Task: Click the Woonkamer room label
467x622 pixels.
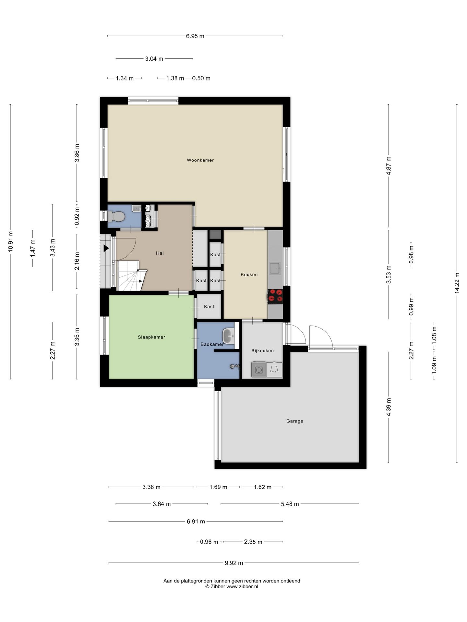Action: click(x=200, y=160)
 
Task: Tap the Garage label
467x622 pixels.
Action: click(x=294, y=421)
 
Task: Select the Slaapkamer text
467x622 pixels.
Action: click(x=151, y=337)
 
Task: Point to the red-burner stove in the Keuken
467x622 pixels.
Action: click(x=275, y=296)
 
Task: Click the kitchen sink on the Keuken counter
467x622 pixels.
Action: click(x=275, y=268)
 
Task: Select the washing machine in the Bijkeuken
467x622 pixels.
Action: click(x=259, y=370)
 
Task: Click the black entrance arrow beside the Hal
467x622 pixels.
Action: click(x=106, y=248)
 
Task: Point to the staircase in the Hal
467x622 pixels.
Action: click(x=131, y=276)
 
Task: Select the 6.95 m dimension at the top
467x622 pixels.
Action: click(x=195, y=36)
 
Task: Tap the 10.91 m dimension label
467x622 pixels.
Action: click(x=10, y=241)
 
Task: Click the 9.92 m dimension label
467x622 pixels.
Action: click(x=234, y=563)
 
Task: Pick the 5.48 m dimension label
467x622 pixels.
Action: click(x=290, y=504)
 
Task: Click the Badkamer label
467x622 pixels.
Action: click(x=212, y=344)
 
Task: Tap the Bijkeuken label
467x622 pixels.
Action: click(x=262, y=351)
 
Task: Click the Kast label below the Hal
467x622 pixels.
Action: click(x=209, y=306)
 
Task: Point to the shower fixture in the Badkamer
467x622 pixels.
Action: click(x=234, y=366)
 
